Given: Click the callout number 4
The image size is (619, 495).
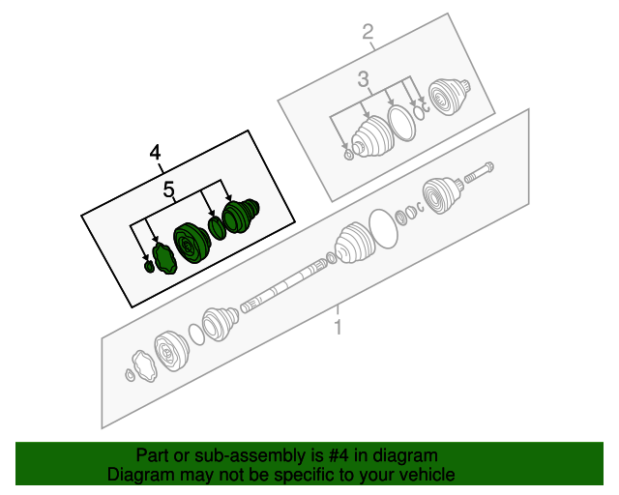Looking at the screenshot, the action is (x=155, y=153).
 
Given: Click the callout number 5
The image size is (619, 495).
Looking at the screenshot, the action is (x=168, y=189).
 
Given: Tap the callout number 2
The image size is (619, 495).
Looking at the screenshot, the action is (x=368, y=32).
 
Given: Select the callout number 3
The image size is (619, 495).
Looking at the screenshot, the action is (x=364, y=79).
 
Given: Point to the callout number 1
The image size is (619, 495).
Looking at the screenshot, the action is (x=338, y=327).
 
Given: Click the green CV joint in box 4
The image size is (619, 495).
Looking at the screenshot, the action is (x=192, y=244).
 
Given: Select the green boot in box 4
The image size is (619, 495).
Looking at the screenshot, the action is (x=241, y=216).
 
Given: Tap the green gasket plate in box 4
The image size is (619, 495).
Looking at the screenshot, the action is (x=165, y=258).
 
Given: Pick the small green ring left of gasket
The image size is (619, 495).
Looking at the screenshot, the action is (x=149, y=267).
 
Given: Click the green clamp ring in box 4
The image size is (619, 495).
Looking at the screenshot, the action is (x=217, y=228).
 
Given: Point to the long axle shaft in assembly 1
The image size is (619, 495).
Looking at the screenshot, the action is (x=283, y=284).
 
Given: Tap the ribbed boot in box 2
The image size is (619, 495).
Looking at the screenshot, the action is (x=372, y=137).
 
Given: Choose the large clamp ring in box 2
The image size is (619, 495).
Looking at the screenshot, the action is (x=402, y=123).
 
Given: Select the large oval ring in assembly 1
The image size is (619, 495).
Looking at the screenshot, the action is (x=383, y=229).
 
